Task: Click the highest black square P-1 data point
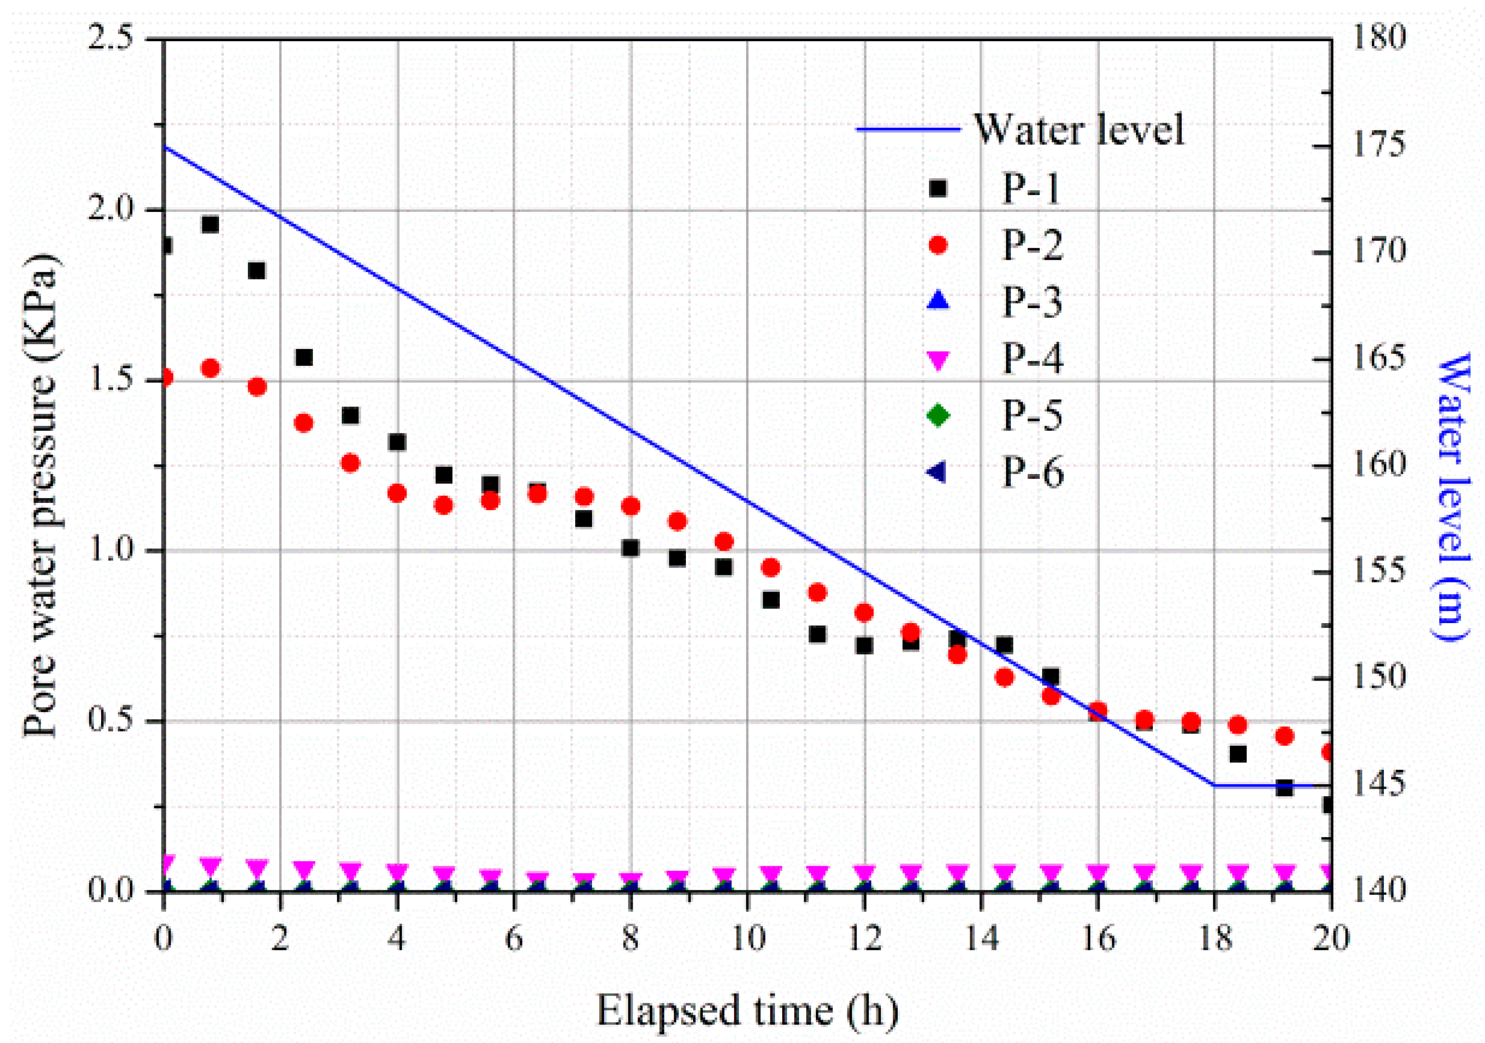click(210, 224)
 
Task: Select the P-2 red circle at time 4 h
click(397, 493)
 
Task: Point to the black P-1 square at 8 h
click(631, 548)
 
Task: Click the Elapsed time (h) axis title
click(747, 1009)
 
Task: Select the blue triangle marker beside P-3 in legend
click(938, 301)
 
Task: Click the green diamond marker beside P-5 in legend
click(938, 415)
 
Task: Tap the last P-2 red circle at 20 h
click(1327, 752)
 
